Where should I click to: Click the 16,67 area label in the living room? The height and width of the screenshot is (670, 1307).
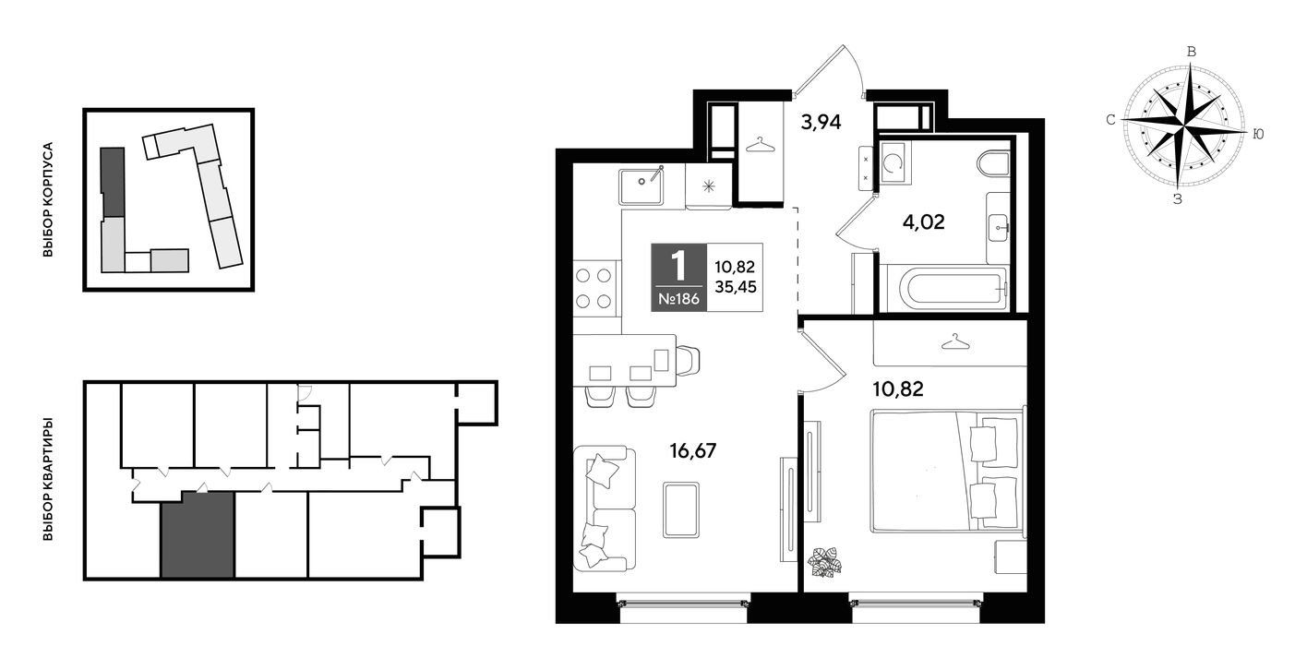(x=692, y=450)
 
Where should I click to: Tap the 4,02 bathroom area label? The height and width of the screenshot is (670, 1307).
(x=923, y=221)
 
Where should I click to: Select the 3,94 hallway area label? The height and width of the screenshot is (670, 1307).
(x=821, y=122)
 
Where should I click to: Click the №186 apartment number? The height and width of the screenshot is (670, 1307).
(x=678, y=299)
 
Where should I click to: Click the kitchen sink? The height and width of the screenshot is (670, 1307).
(x=642, y=186)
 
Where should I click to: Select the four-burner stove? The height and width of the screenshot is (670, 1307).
(x=594, y=288)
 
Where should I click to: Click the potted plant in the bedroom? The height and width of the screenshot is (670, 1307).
(x=824, y=563)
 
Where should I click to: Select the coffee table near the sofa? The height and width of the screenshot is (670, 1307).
(x=681, y=509)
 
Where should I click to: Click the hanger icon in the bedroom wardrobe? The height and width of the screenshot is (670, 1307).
(x=955, y=342)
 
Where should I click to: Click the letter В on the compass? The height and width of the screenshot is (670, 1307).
(x=1192, y=52)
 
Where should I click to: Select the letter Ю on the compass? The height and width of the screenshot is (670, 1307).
(x=1258, y=134)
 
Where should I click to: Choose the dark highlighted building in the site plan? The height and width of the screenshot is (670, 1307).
(x=113, y=182)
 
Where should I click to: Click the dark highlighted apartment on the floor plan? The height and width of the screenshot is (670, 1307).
(x=198, y=534)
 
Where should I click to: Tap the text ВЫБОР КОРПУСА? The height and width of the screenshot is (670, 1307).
(x=48, y=199)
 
